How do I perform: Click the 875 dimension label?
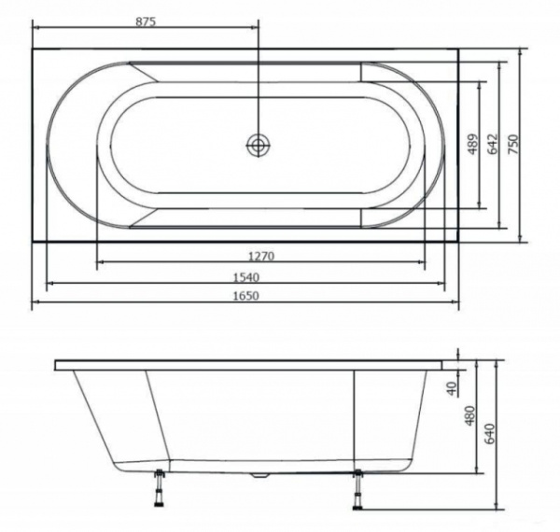(146, 21)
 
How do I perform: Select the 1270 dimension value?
(261, 256)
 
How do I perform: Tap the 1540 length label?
(246, 277)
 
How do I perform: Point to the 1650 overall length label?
(246, 296)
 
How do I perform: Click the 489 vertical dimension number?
(472, 145)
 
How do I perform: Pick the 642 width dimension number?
(493, 145)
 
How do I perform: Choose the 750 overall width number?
(512, 145)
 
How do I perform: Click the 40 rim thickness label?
(452, 388)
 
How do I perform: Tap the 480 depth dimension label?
(470, 415)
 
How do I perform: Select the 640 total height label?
(490, 433)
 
